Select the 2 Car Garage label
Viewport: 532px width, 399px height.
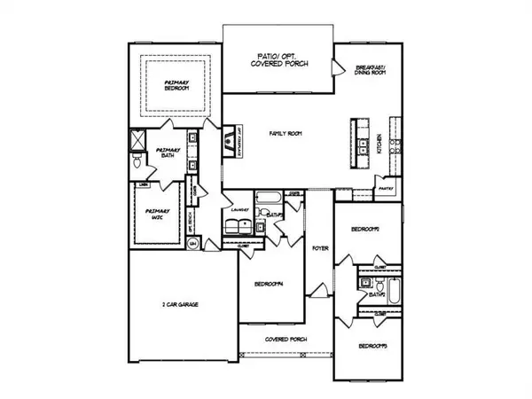pyautogui.click(x=180, y=304)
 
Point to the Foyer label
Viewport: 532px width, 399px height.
pyautogui.click(x=320, y=248)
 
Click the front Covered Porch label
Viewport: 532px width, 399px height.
pyautogui.click(x=283, y=339)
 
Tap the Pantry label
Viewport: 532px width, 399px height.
pyautogui.click(x=385, y=188)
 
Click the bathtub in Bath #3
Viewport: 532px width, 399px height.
pyautogui.click(x=395, y=290)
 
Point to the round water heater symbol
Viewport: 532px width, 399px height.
pyautogui.click(x=205, y=239)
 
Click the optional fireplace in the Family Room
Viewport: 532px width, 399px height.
pyautogui.click(x=230, y=139)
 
